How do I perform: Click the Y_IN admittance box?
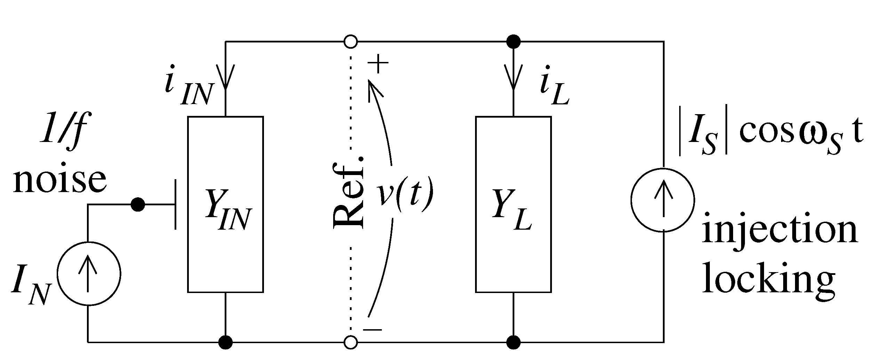click(x=225, y=204)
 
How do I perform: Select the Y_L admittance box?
click(x=513, y=204)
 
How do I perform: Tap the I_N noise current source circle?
click(x=89, y=274)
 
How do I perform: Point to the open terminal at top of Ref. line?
click(x=351, y=42)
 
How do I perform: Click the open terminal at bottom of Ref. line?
click(x=351, y=342)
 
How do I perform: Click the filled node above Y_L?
click(x=514, y=42)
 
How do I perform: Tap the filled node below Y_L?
click(x=514, y=342)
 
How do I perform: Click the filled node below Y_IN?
click(x=226, y=342)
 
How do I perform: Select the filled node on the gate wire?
click(x=138, y=205)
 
